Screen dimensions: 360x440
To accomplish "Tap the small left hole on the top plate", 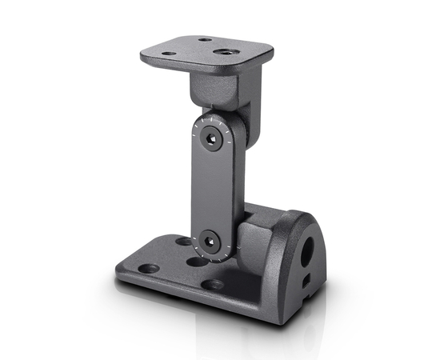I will coord(170,54).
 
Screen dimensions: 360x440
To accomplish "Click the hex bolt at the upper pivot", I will coord(211,141).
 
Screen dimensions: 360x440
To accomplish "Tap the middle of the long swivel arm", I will coord(210,190).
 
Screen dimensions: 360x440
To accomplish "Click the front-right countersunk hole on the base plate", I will coord(213,284).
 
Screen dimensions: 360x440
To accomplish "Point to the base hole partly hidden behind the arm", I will coord(184,241).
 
